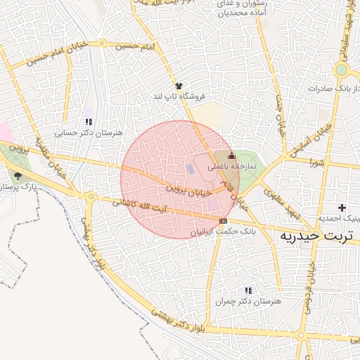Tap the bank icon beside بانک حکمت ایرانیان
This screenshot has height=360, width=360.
pyautogui.click(x=223, y=221)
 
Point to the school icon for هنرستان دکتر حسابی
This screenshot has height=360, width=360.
pyautogui.click(x=88, y=122)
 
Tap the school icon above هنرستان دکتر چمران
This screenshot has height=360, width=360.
pyautogui.click(x=248, y=290)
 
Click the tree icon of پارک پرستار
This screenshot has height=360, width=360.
pyautogui.click(x=18, y=176)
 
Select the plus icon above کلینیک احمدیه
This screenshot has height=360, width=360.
pyautogui.click(x=342, y=207)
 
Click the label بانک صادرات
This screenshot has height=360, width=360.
pyautogui.click(x=330, y=89)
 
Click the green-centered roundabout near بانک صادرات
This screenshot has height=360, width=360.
pyautogui.click(x=342, y=70)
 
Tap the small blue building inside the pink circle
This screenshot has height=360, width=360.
pyautogui.click(x=191, y=169)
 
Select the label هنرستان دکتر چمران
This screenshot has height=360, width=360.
pyautogui.click(x=251, y=301)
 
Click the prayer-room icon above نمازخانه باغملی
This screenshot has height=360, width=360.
pyautogui.click(x=232, y=155)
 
